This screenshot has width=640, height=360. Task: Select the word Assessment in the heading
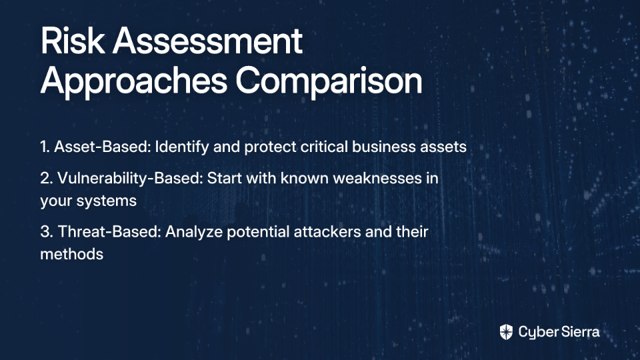208,41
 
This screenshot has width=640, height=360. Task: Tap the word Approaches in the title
134,81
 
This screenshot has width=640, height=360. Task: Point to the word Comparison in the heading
329,81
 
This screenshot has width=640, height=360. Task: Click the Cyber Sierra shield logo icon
506,332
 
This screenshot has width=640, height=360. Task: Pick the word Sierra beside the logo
579,332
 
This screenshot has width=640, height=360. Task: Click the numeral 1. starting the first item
45,147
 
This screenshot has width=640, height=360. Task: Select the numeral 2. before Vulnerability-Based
47,179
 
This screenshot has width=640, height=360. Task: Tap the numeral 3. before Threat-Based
47,232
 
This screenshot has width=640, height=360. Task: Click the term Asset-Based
103,147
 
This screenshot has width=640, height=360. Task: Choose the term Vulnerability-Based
130,179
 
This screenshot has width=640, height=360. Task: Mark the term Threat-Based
110,232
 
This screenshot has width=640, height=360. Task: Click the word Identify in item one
182,147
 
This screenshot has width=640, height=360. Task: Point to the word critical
324,147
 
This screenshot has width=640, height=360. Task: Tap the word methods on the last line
72,254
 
